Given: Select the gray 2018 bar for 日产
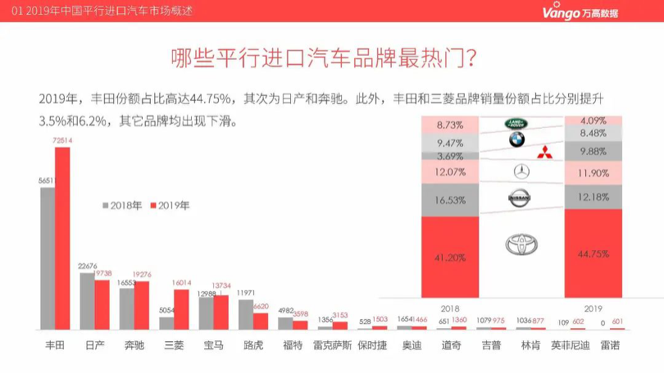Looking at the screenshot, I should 87,300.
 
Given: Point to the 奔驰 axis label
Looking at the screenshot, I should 134,345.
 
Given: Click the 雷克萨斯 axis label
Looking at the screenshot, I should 332,345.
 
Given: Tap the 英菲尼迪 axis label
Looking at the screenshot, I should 570,345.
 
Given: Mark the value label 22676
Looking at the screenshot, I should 88,266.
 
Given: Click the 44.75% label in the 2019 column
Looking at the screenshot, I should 594,253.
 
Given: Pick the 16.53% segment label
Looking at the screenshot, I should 450,199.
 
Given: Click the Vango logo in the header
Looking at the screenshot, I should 580,11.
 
